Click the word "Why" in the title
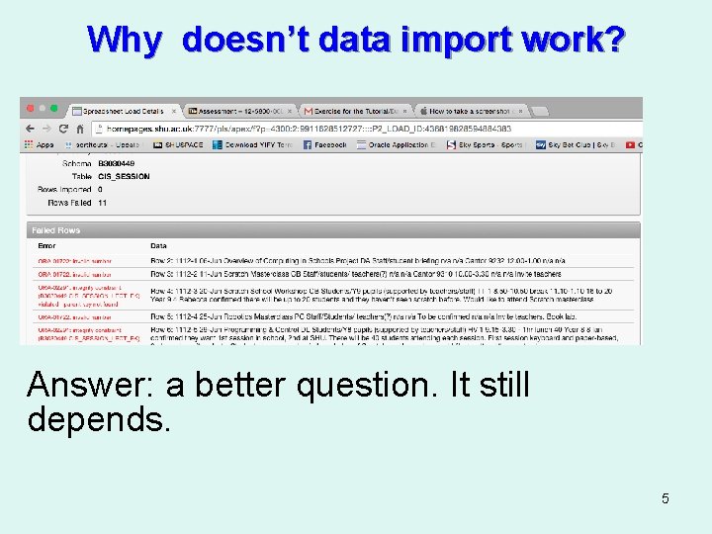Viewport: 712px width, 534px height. click(124, 40)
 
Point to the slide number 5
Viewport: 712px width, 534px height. click(666, 498)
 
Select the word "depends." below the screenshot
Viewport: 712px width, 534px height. click(99, 419)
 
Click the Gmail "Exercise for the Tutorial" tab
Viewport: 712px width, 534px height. click(355, 111)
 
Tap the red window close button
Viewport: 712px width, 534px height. click(30, 109)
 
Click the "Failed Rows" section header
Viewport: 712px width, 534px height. click(55, 230)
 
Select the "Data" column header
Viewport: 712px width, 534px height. click(158, 245)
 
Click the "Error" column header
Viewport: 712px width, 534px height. click(46, 245)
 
